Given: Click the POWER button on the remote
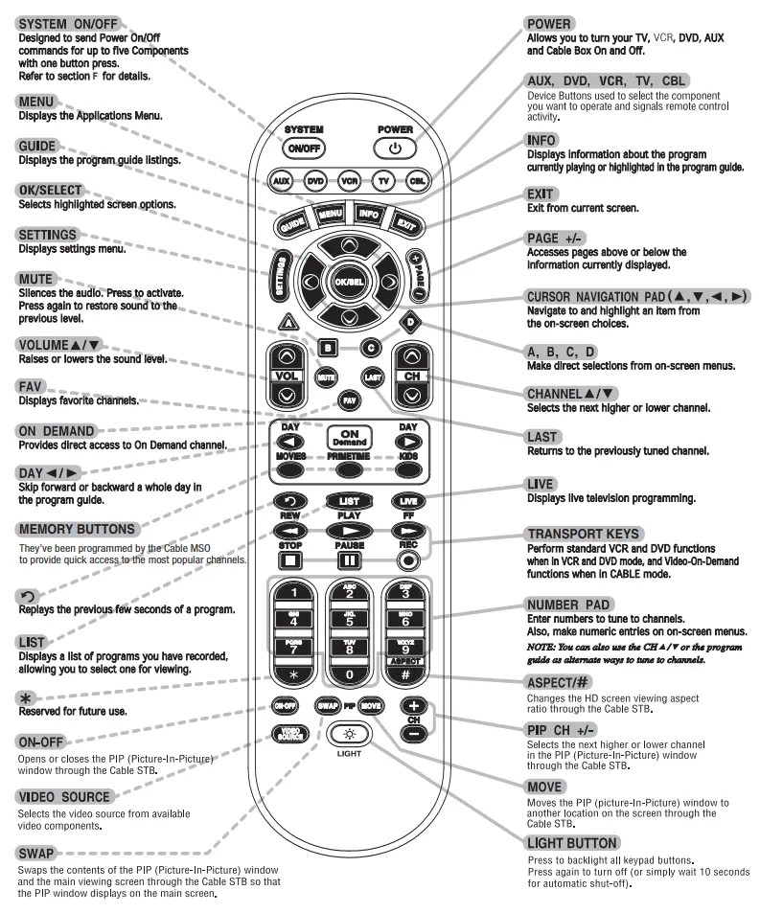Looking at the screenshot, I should click(x=395, y=148).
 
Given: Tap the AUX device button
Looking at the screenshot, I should click(x=281, y=180).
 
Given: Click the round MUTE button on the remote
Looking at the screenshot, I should click(x=326, y=377).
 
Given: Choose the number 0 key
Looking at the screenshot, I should click(x=350, y=674).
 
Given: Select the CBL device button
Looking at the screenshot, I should click(x=416, y=180).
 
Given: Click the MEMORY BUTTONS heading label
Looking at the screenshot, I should click(x=77, y=529).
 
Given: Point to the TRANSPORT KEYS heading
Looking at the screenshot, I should click(x=584, y=534).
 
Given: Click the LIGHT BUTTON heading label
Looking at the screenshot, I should click(x=572, y=843).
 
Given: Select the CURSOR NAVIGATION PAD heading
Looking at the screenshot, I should click(x=637, y=297).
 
